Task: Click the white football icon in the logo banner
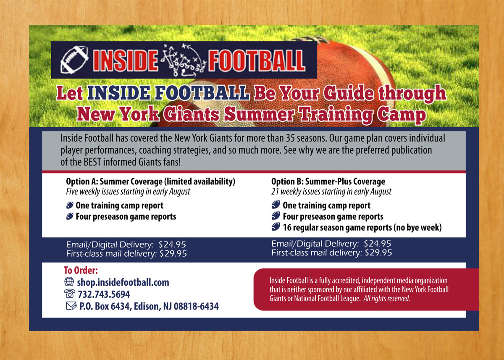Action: click(74, 60)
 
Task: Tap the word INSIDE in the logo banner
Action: click(125, 60)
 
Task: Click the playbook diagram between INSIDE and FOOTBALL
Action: click(183, 60)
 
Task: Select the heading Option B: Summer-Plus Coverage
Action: click(328, 181)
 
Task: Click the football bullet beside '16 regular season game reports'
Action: click(276, 226)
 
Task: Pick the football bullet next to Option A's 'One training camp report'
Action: click(70, 205)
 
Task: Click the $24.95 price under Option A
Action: click(172, 244)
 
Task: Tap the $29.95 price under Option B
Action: click(378, 253)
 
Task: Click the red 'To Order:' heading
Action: click(81, 270)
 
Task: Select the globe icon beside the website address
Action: click(69, 281)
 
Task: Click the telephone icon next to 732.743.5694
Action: click(70, 294)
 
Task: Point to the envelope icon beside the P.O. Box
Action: click(71, 306)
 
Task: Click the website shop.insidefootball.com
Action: click(123, 282)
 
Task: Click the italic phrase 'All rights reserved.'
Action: click(386, 298)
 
